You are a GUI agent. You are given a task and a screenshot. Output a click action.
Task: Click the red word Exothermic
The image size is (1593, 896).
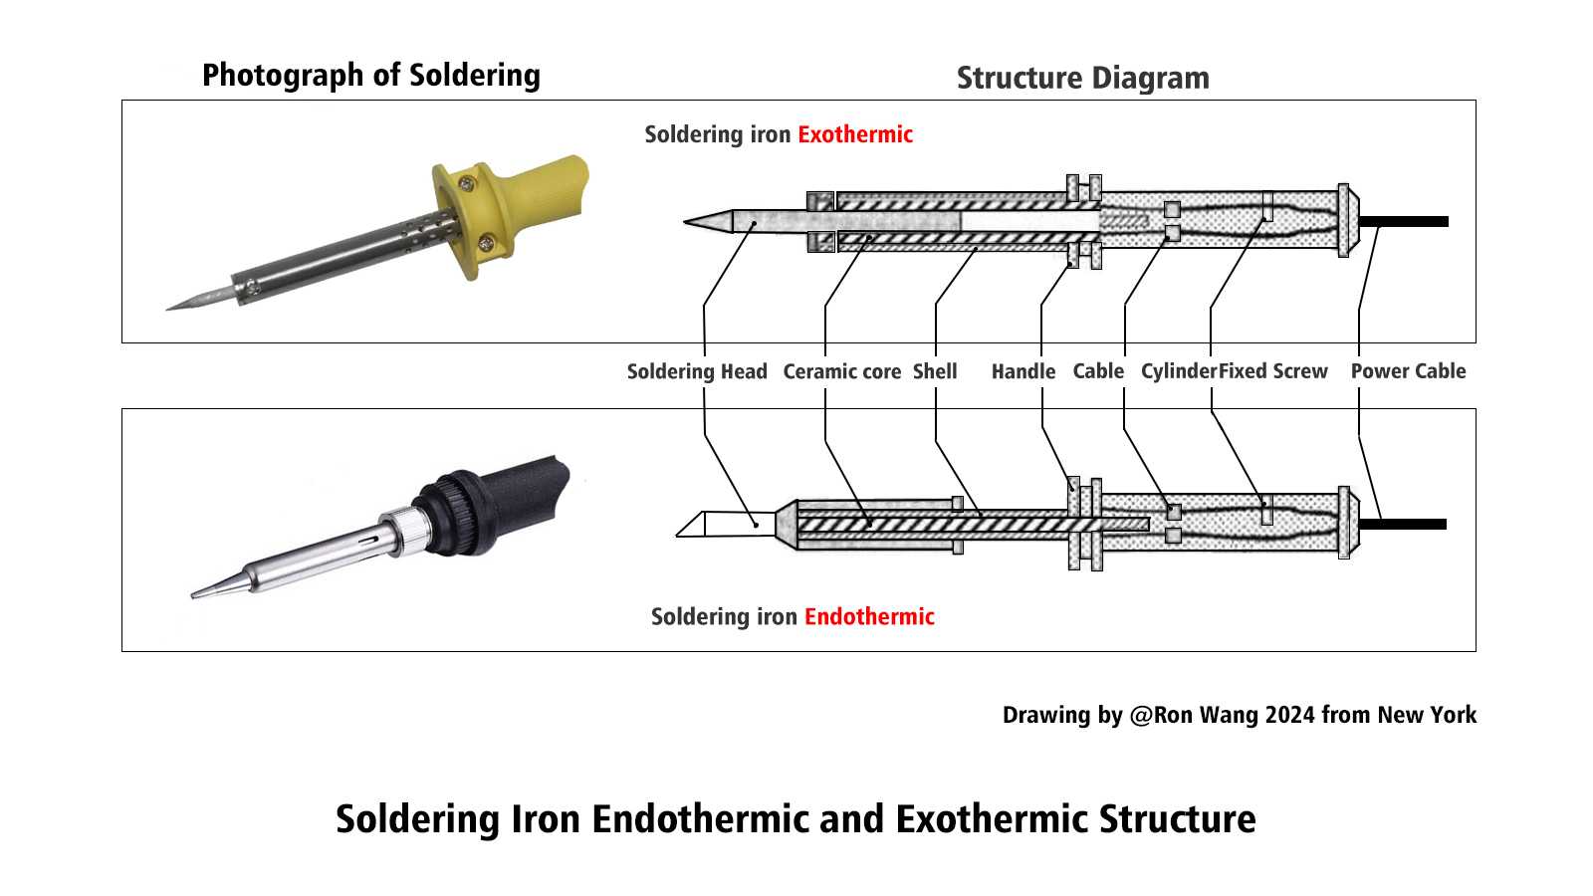854,134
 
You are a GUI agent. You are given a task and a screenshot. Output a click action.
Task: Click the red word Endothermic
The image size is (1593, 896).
868,616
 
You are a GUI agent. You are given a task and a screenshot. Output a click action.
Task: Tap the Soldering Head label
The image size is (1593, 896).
696,371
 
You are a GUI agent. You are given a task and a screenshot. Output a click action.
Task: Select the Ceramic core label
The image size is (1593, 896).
841,371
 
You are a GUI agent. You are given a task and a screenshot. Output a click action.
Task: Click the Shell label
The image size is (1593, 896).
934,371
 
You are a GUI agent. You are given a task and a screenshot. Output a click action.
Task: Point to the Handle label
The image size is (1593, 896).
1023,371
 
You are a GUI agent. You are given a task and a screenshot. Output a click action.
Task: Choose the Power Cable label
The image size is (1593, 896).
1408,371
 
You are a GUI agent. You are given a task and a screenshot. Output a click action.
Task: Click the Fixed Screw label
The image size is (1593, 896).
1273,371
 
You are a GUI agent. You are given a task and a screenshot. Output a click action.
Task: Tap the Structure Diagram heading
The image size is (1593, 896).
1082,78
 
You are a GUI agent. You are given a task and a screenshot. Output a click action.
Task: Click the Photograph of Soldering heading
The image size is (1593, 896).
370,75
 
